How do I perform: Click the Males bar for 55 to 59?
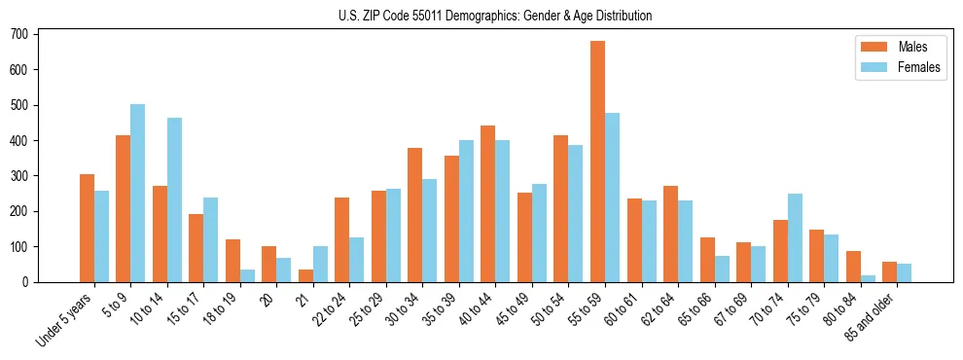click(597, 162)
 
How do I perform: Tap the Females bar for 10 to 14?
click(174, 199)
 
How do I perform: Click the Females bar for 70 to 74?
click(795, 237)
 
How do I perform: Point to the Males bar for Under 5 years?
click(87, 228)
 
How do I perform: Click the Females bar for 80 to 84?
click(868, 278)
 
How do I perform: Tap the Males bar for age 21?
click(305, 275)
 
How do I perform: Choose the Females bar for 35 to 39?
click(466, 211)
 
